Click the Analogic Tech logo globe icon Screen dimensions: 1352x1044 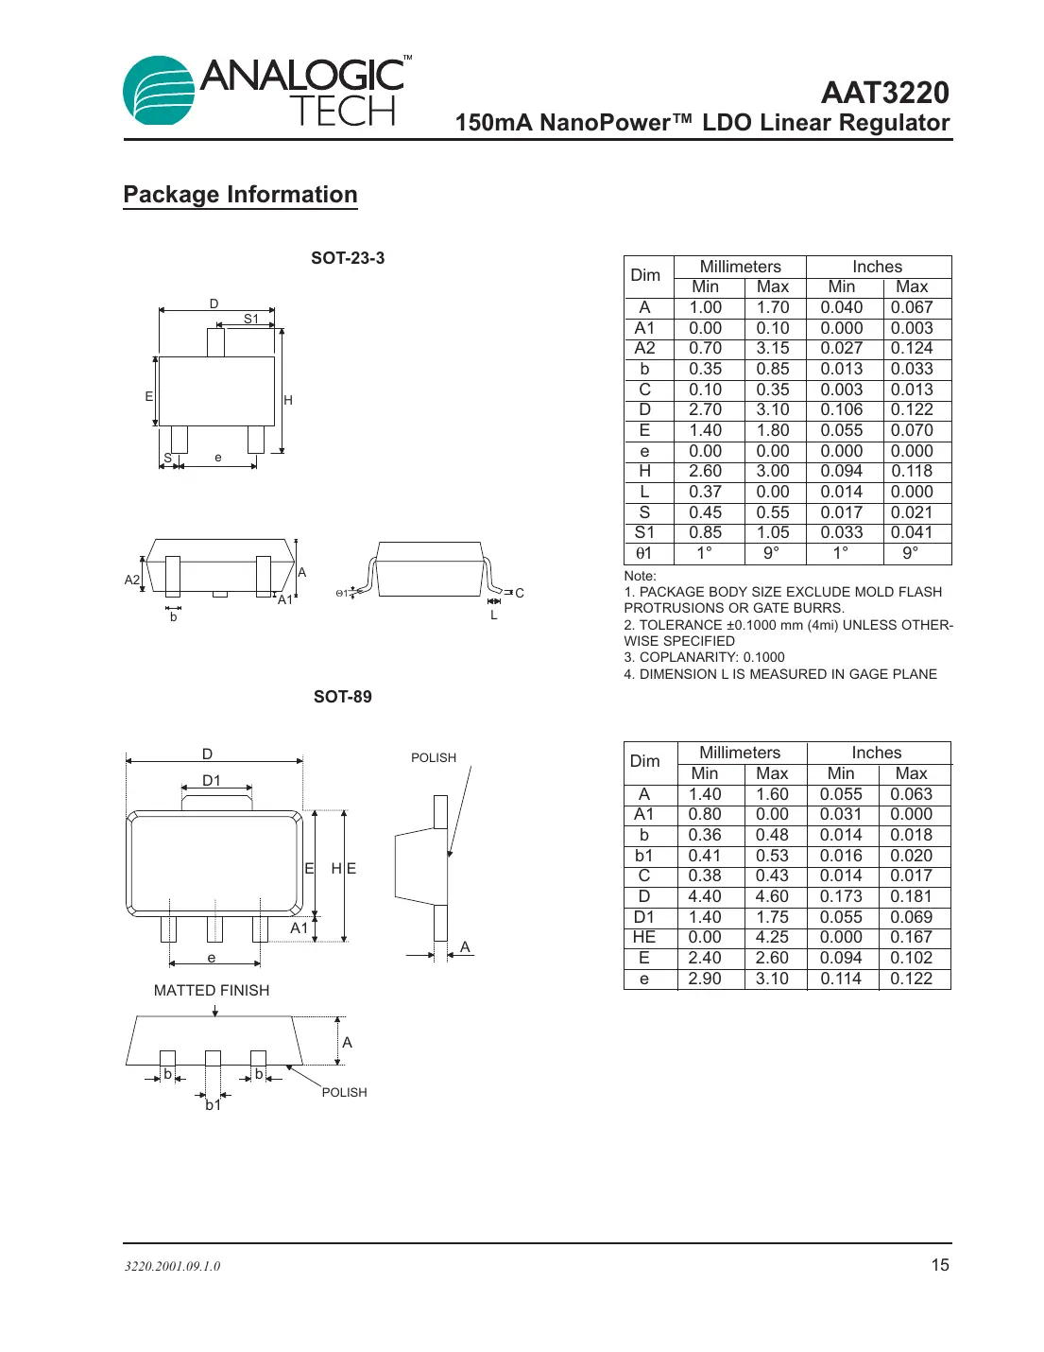coord(159,91)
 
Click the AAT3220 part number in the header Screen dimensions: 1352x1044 coord(884,93)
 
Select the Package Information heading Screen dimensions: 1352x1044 coord(240,195)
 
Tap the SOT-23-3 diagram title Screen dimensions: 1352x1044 coord(348,258)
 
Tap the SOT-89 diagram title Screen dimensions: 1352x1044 coord(342,697)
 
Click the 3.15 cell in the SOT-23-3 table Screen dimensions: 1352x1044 coord(772,348)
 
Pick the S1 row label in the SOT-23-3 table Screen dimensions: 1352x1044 coord(644,532)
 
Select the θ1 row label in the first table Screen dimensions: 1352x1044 coord(644,553)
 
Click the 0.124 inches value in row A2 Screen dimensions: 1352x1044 coord(911,348)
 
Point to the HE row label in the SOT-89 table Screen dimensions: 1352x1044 coord(644,937)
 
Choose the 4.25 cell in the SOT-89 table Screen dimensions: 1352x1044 coord(772,937)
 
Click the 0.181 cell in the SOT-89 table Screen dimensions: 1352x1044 coord(911,896)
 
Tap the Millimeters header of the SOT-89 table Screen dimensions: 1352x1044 coord(740,753)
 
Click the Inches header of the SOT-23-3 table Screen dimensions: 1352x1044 coord(877,267)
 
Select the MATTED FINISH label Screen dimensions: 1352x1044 coord(212,990)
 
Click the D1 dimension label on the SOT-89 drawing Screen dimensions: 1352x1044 coord(212,780)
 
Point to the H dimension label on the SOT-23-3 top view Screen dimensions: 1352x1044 coord(288,400)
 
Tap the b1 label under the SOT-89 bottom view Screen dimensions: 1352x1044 coord(214,1104)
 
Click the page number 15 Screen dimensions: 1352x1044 coord(940,1265)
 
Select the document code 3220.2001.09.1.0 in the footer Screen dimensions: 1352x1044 coord(172,1266)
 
